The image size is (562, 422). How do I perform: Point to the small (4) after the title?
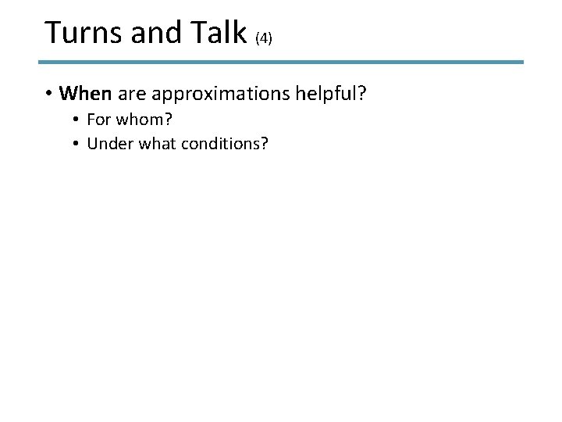click(262, 38)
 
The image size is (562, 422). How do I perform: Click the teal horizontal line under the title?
click(281, 62)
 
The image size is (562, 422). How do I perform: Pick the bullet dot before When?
click(49, 95)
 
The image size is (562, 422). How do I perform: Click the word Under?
click(106, 144)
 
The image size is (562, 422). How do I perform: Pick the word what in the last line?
click(150, 144)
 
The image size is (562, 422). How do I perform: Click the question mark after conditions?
click(263, 144)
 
